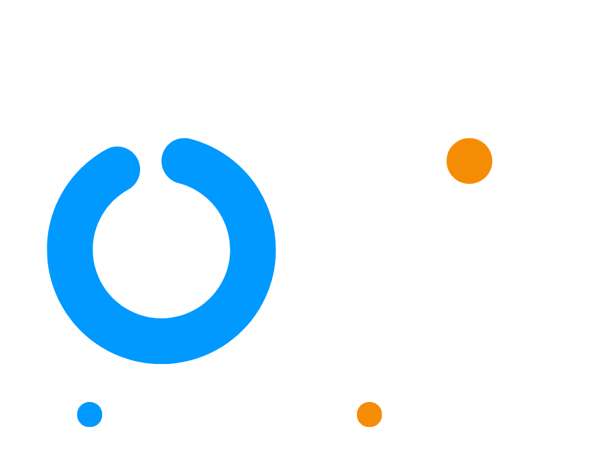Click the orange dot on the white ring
pos(469,161)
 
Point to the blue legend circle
pos(90,414)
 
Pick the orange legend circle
pos(369,414)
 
